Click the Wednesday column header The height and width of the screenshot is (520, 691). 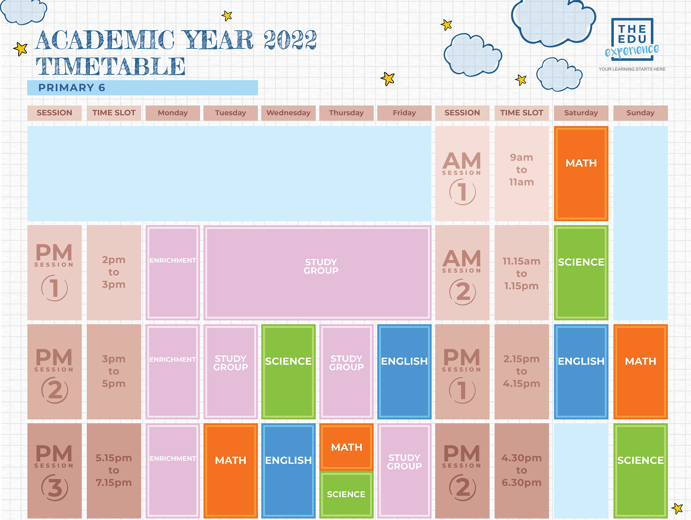tap(288, 113)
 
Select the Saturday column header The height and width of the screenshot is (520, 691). tap(581, 113)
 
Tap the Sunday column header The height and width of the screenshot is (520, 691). tap(640, 113)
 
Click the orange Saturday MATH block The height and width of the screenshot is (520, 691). tap(581, 173)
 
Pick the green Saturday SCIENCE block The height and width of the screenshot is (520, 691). tap(581, 272)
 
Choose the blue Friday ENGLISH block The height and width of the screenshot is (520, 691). tap(404, 371)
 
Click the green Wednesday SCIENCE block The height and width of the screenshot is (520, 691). tap(288, 371)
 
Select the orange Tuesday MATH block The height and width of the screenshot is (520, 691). tap(231, 470)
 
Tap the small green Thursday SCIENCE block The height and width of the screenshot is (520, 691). tap(346, 494)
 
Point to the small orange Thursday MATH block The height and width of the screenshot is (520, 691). tap(346, 447)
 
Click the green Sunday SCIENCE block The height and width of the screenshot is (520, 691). tap(640, 470)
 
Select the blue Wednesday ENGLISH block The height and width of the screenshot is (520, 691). tap(288, 470)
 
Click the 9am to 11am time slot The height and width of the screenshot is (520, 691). tap(522, 170)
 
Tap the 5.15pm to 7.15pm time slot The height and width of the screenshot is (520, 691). tap(114, 470)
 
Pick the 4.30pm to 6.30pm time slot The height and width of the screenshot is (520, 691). tap(522, 470)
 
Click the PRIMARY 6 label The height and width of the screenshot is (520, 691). tap(72, 88)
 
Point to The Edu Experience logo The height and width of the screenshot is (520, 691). tap(632, 43)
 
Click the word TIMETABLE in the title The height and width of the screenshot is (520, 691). tap(111, 67)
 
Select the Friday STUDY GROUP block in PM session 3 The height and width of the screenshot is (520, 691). tap(404, 470)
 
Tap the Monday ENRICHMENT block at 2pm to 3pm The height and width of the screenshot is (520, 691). tap(173, 272)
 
